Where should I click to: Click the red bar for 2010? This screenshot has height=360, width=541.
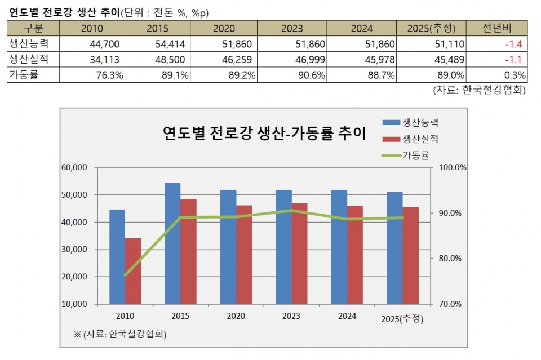point(133,270)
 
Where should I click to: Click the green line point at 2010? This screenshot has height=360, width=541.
point(125,275)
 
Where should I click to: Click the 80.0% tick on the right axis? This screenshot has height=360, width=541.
point(450,259)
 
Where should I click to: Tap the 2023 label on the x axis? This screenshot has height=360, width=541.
point(291,316)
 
